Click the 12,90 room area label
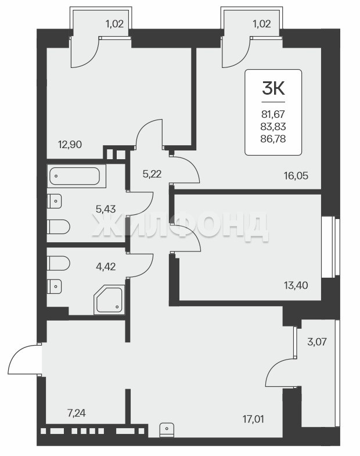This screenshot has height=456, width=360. (x=70, y=144)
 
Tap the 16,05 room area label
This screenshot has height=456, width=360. (x=296, y=175)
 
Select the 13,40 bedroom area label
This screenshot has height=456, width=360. (x=296, y=285)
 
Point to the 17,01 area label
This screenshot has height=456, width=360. (x=254, y=419)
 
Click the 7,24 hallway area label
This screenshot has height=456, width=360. (x=77, y=413)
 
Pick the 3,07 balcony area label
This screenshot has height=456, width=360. (x=317, y=342)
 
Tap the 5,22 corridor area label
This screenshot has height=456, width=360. (x=152, y=174)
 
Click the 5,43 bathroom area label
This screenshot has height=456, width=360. (x=106, y=209)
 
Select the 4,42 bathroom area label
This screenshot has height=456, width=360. (x=106, y=266)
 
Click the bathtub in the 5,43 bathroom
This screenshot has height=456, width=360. (x=75, y=176)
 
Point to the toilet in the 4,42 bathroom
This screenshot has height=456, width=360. (x=58, y=263)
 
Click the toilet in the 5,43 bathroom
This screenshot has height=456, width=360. (x=58, y=227)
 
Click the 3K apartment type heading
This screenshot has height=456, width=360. (x=273, y=88)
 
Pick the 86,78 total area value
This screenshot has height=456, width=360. (x=273, y=139)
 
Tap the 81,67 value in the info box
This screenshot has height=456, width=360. (x=273, y=114)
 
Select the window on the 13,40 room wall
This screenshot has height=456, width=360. (x=330, y=247)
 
